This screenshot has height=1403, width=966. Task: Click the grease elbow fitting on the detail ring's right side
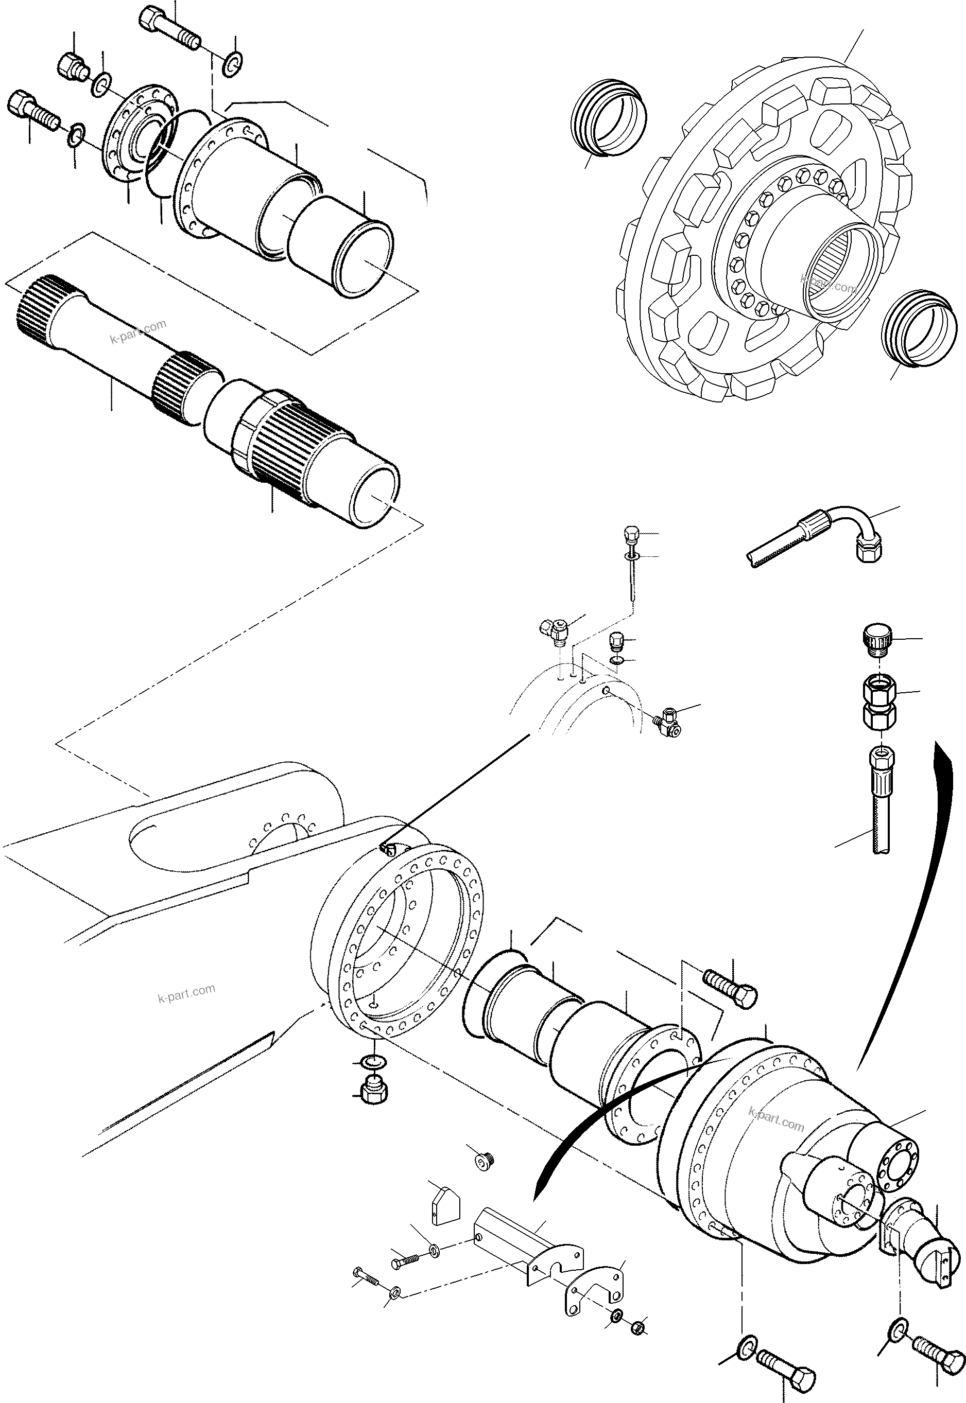pyautogui.click(x=668, y=720)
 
